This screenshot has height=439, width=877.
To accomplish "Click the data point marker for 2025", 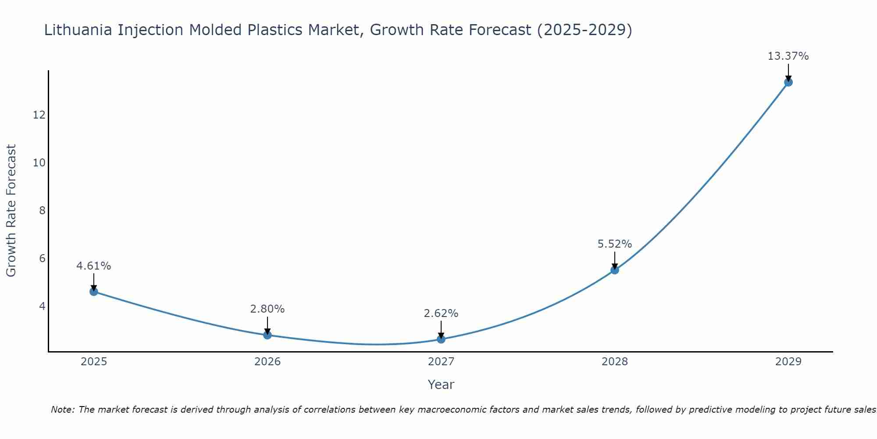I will tap(94, 291).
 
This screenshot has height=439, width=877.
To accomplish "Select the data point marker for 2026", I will tap(267, 335).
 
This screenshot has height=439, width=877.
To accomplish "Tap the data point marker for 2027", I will tap(441, 339).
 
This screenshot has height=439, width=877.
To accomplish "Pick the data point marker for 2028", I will tap(615, 270).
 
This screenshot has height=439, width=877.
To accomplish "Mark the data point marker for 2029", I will tap(788, 82).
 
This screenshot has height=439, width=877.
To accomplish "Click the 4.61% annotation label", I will tap(94, 266).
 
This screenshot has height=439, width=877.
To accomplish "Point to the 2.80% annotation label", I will tap(267, 309).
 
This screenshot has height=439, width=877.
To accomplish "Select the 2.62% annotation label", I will tap(441, 313).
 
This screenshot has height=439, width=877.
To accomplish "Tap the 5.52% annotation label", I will tap(615, 244).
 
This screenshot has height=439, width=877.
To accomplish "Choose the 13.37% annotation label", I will tap(788, 56).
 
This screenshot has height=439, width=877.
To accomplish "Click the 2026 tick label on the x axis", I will tap(267, 362).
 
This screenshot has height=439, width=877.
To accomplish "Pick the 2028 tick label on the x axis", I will tap(615, 362).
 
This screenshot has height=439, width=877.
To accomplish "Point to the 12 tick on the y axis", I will tap(39, 115).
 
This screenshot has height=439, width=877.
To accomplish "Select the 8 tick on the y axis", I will tap(42, 211).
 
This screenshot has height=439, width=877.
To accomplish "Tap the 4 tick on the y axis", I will tap(42, 306).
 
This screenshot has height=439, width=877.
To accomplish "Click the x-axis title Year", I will tap(441, 385).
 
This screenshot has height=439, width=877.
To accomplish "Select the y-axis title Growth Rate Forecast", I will tap(11, 211).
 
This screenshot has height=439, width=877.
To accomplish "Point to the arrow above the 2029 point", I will tap(788, 72).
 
